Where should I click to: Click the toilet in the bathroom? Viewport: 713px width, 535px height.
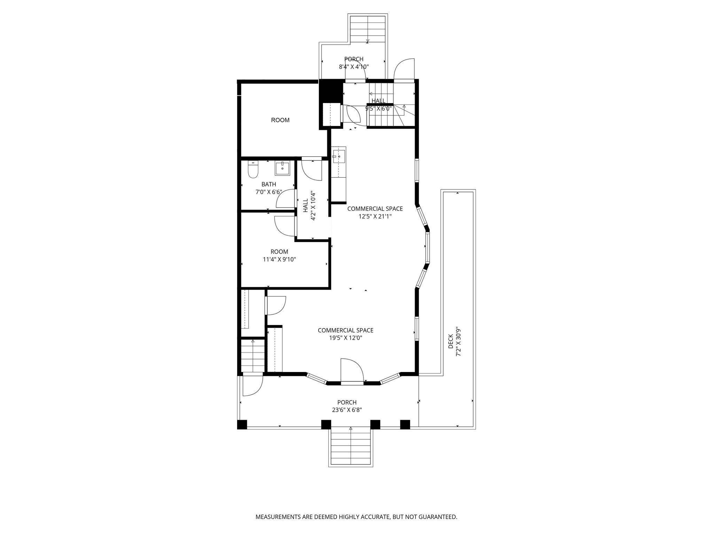pyautogui.click(x=252, y=171)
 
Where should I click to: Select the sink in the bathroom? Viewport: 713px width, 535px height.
pyautogui.click(x=282, y=169)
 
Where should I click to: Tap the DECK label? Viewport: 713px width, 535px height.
pyautogui.click(x=450, y=342)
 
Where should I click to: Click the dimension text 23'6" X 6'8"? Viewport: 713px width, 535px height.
pyautogui.click(x=347, y=410)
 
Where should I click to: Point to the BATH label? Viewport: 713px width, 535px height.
pyautogui.click(x=269, y=184)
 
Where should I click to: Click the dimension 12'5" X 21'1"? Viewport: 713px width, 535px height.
pyautogui.click(x=375, y=216)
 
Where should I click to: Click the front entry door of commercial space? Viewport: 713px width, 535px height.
pyautogui.click(x=352, y=371)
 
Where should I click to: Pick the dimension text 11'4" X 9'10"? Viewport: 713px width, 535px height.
pyautogui.click(x=279, y=259)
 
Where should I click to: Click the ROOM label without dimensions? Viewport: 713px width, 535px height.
pyautogui.click(x=280, y=120)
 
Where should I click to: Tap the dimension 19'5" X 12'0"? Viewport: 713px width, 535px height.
pyautogui.click(x=346, y=338)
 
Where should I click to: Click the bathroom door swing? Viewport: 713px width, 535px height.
pyautogui.click(x=285, y=199)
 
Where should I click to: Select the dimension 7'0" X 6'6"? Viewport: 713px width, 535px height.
pyautogui.click(x=269, y=192)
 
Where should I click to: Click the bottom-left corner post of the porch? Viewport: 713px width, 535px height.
pyautogui.click(x=242, y=425)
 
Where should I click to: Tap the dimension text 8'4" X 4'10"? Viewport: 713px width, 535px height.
pyautogui.click(x=354, y=67)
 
